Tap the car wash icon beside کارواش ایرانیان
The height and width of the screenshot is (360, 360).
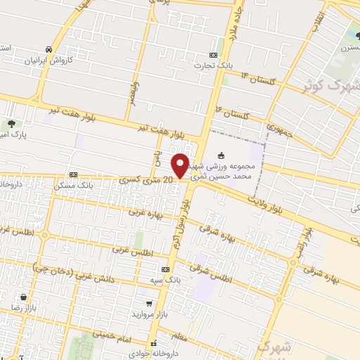coord(47,49)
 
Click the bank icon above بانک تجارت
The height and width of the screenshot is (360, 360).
coord(214,55)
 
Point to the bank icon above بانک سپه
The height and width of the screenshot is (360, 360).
coord(165,269)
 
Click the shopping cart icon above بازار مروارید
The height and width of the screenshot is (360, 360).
coord(148,303)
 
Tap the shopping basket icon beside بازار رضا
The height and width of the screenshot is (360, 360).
coord(25,297)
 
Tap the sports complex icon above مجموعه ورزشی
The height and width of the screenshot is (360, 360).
coord(221,155)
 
